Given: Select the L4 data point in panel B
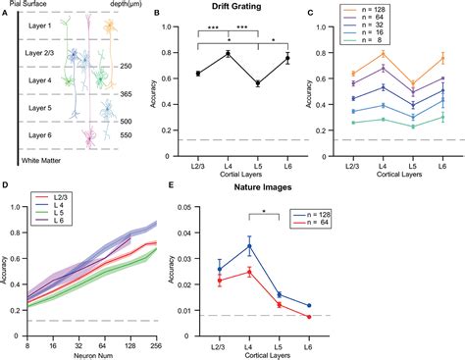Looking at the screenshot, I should (228, 53).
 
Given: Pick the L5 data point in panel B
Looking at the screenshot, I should (258, 83).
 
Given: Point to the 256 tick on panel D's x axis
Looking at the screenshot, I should (156, 335).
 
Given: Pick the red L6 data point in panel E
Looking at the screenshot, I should (309, 317).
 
